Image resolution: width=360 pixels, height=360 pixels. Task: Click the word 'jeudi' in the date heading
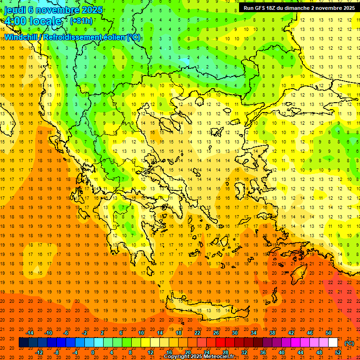[15, 10]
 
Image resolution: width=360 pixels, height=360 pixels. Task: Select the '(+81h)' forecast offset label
[81, 21]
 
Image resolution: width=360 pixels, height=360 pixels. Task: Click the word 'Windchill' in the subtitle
[22, 37]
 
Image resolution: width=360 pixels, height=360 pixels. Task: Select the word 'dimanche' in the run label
[307, 8]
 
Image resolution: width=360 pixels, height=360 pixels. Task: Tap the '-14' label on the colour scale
[30, 333]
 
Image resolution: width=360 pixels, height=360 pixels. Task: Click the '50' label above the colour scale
[329, 333]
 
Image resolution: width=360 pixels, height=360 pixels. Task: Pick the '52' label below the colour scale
[337, 352]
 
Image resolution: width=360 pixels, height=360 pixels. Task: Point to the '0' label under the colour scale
[93, 352]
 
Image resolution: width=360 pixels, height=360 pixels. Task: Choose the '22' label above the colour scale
[197, 333]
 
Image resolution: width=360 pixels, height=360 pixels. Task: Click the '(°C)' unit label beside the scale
[349, 343]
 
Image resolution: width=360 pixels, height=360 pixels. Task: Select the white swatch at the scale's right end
[333, 343]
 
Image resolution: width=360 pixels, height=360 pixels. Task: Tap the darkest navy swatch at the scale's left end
[23, 343]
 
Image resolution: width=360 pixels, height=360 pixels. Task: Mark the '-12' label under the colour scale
[40, 352]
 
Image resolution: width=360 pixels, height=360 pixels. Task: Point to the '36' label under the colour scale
[263, 352]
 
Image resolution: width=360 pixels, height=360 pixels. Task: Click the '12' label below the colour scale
[150, 352]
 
